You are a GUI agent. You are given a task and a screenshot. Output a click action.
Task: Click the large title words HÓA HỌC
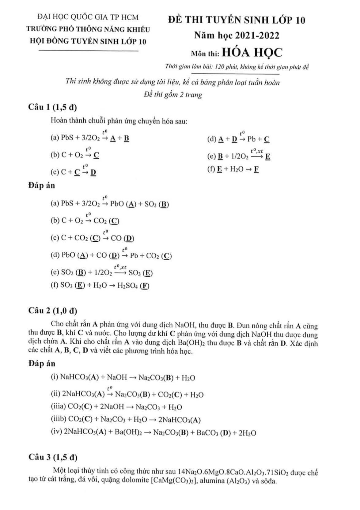click(252, 53)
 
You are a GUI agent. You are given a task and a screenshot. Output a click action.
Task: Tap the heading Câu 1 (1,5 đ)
click(52, 107)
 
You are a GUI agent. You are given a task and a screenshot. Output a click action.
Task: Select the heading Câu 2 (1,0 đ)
click(53, 311)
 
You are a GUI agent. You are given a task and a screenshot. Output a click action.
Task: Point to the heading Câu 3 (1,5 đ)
click(53, 457)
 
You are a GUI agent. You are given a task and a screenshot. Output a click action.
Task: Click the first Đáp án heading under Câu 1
click(41, 185)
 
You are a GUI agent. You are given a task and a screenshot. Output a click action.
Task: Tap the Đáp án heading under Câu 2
click(41, 364)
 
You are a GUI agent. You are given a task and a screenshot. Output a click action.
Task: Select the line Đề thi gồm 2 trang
click(173, 95)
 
